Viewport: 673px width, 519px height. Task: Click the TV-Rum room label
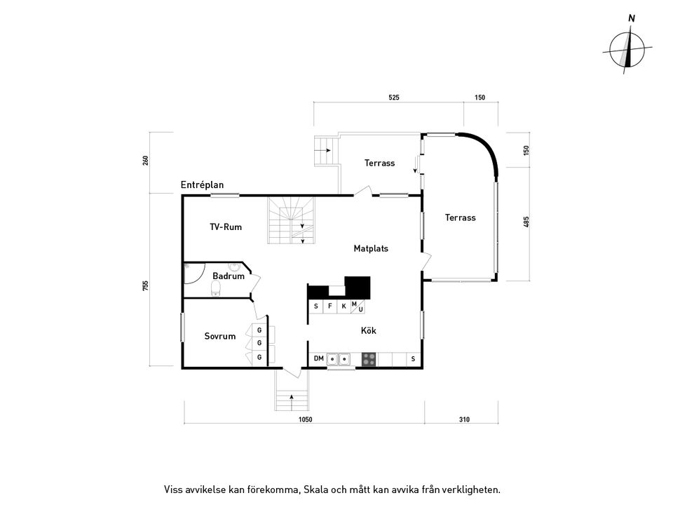[226, 227]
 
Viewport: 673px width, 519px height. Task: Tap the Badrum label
[229, 276]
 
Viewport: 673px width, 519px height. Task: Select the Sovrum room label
[219, 336]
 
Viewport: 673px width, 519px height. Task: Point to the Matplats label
[371, 248]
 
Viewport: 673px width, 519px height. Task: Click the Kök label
[368, 330]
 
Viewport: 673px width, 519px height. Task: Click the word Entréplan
[202, 185]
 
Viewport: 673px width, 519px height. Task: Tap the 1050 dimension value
[305, 419]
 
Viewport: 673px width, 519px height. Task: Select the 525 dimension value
[393, 97]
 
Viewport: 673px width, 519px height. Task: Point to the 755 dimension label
[146, 285]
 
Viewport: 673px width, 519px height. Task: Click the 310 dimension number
[464, 419]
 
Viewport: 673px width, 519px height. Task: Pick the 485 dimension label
[526, 222]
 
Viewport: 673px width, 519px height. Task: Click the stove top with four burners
[369, 359]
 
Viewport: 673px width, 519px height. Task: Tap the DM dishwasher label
[318, 358]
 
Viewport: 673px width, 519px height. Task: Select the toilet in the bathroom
[216, 289]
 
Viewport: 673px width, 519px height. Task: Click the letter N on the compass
[632, 18]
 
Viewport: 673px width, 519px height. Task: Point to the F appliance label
[330, 306]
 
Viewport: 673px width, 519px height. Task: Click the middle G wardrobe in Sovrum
[259, 343]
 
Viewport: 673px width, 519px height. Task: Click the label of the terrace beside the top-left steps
[379, 163]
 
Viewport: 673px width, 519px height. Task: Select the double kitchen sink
[338, 359]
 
